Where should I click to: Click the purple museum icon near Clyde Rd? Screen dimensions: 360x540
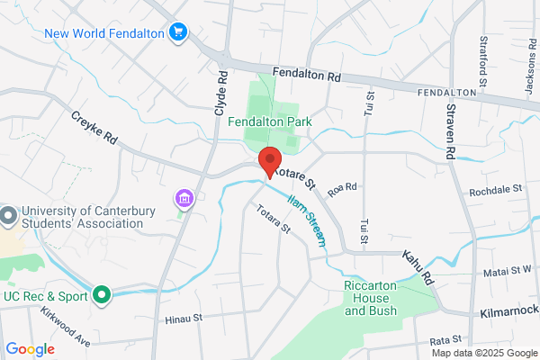184,198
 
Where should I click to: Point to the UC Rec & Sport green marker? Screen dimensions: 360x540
103,293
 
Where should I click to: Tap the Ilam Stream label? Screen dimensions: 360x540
309,219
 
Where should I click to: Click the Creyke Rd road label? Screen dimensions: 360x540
95,130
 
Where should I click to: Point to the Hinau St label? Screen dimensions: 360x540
185,319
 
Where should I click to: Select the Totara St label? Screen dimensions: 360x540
274,220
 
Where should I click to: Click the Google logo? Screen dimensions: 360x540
31,349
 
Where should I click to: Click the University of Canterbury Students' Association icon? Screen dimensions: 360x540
8,217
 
